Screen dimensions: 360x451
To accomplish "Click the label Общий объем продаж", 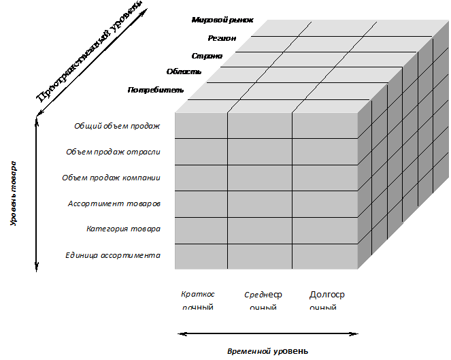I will pyautogui.click(x=116, y=126).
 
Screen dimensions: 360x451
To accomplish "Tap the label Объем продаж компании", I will pyautogui.click(x=111, y=178).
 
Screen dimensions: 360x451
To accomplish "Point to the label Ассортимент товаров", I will pyautogui.click(x=114, y=203).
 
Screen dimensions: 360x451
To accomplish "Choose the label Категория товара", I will pyautogui.click(x=123, y=229).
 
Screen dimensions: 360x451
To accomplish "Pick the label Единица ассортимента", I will pyautogui.click(x=113, y=255).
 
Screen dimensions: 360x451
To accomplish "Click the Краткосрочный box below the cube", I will pyautogui.click(x=198, y=298).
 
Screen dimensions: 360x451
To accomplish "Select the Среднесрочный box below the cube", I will pyautogui.click(x=263, y=298).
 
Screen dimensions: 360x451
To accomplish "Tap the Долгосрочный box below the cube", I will pyautogui.click(x=327, y=298).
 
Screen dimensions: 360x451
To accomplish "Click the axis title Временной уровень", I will pyautogui.click(x=267, y=351).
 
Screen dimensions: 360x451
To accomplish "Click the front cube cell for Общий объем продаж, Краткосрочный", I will pyautogui.click(x=201, y=126).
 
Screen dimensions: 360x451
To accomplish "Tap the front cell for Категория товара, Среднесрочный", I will pyautogui.click(x=260, y=230).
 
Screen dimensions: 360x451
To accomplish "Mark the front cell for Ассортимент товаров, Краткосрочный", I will pyautogui.click(x=201, y=204).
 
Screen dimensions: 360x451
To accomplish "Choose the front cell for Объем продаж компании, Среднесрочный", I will pyautogui.click(x=260, y=178).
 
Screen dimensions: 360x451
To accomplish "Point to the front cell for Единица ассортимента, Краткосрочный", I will pyautogui.click(x=201, y=256).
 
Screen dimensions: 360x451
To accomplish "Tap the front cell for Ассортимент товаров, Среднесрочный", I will pyautogui.click(x=260, y=204).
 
